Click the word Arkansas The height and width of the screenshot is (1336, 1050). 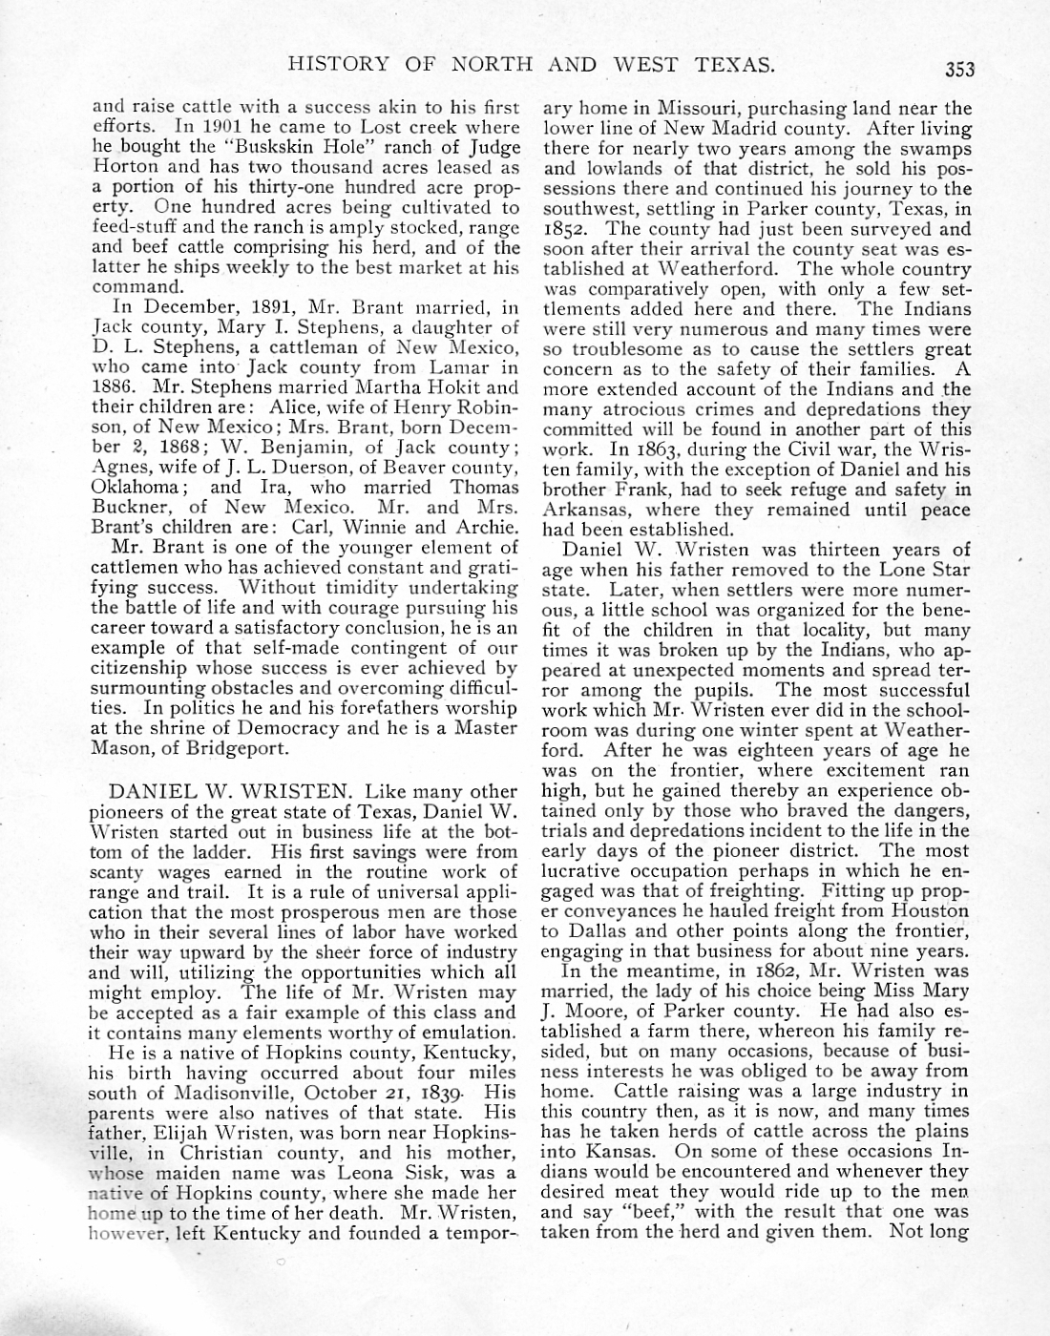(585, 510)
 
